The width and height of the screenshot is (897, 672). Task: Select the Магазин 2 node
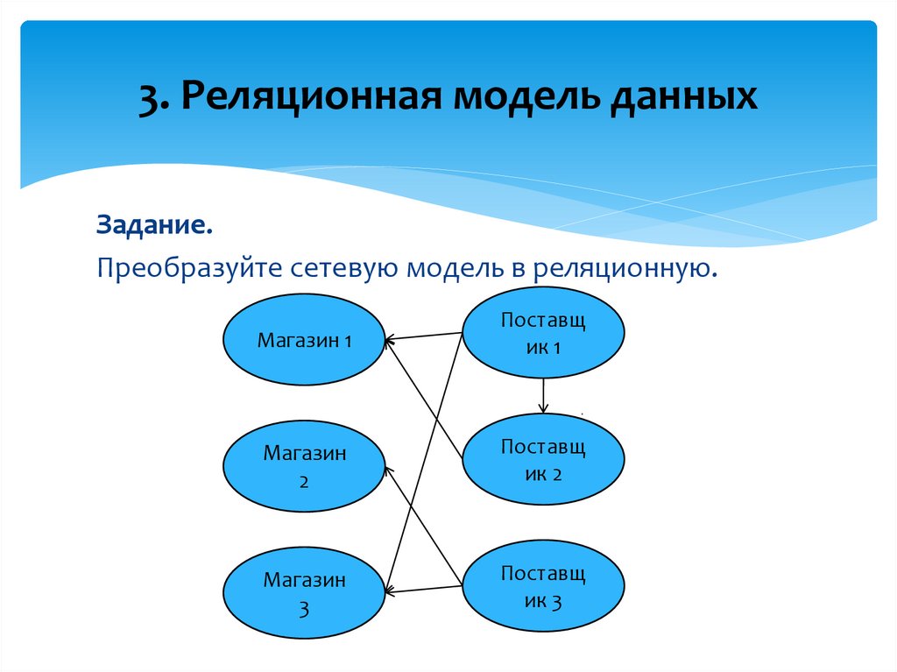[x=304, y=467]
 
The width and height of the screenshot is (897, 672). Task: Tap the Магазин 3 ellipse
[x=304, y=593]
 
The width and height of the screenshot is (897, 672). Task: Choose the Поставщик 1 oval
[x=543, y=334]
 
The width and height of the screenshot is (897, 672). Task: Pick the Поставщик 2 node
[x=543, y=461]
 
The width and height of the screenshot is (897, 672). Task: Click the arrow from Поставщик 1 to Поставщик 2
[x=543, y=395]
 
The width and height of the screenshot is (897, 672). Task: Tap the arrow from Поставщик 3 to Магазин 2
[x=423, y=525]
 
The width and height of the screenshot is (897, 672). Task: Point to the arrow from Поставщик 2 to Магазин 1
[x=423, y=399]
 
